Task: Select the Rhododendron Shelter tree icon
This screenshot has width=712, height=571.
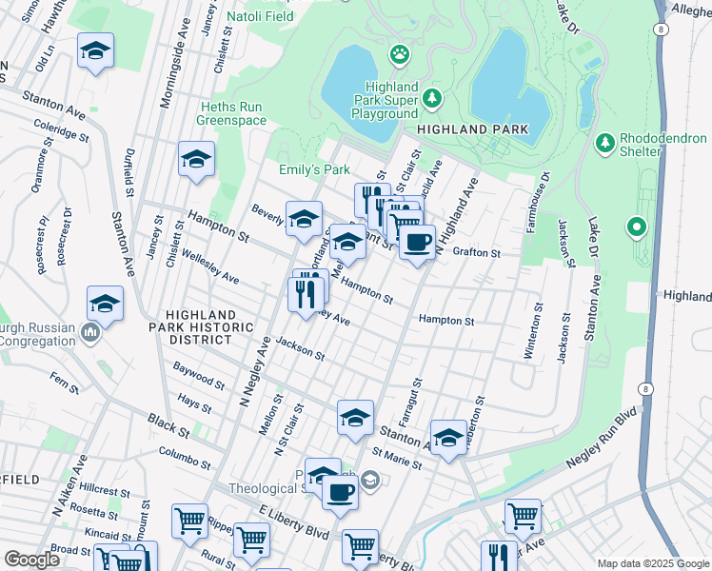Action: [x=603, y=143]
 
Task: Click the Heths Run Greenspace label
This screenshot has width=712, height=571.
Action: [x=232, y=113]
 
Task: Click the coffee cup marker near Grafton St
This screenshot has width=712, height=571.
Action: [x=416, y=243]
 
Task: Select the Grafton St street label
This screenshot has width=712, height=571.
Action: [x=476, y=253]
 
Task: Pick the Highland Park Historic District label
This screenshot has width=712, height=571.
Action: [x=209, y=327]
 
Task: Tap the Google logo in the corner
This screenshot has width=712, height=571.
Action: [x=31, y=560]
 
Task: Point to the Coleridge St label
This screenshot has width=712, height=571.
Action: [x=62, y=130]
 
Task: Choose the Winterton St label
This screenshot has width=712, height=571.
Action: [x=529, y=337]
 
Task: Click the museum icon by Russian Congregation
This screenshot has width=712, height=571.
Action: [x=90, y=332]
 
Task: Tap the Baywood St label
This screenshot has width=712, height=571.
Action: [x=199, y=376]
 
